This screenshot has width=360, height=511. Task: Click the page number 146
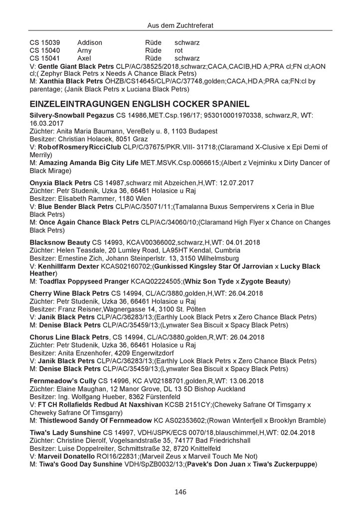pyautogui.click(x=180, y=492)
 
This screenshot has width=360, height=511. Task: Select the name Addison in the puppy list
pyautogui.click(x=90, y=43)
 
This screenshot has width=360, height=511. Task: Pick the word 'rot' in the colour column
pyautogui.click(x=179, y=50)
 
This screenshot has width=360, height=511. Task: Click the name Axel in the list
pyautogui.click(x=85, y=58)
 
